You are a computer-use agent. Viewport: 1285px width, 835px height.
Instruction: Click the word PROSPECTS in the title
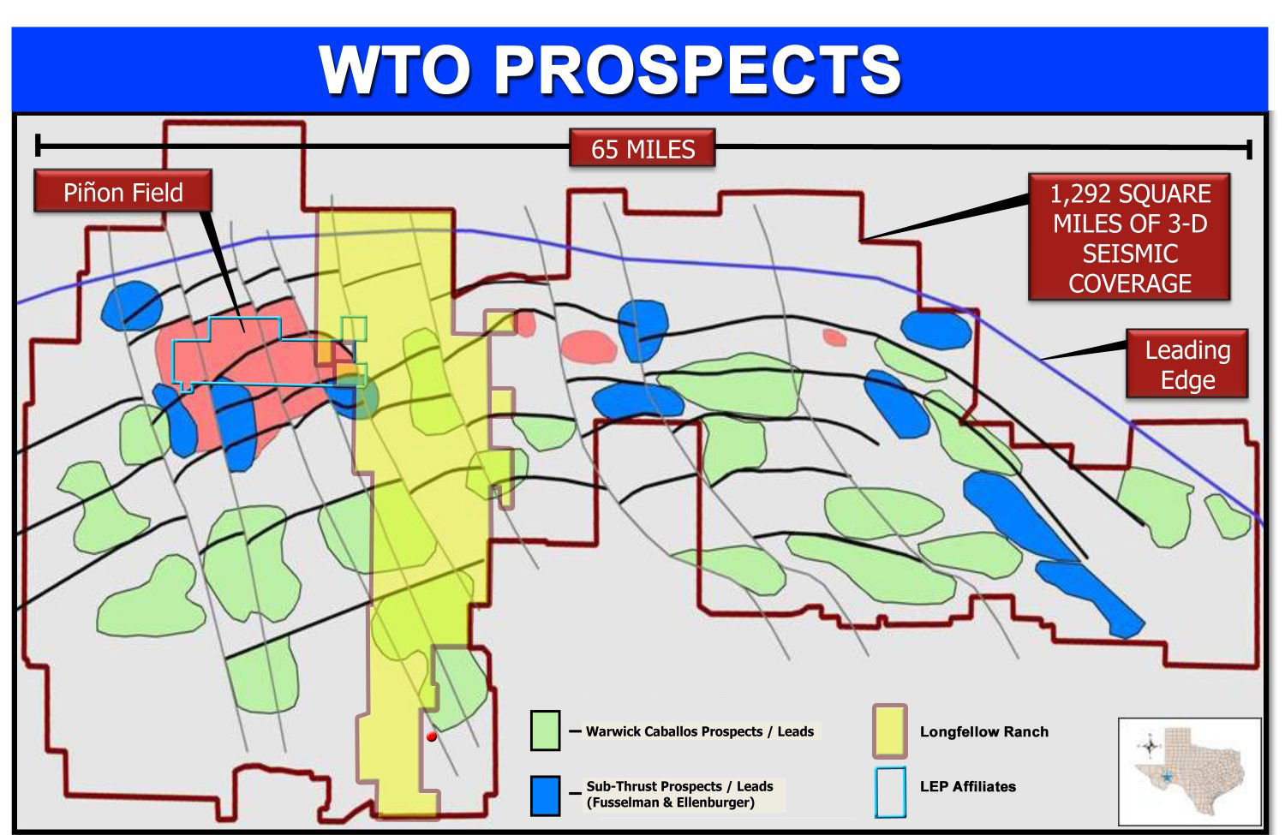pos(697,70)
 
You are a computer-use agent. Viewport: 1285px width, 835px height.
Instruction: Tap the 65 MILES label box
pos(642,148)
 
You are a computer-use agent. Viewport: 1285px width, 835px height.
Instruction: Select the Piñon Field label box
pos(123,192)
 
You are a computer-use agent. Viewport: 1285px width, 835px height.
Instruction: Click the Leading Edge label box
pos(1187,364)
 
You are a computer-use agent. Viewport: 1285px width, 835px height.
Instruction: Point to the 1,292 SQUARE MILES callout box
pos(1130,237)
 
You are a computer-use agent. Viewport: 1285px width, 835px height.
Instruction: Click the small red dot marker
pos(432,737)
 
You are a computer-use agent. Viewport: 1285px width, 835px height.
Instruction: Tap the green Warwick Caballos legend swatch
pos(545,731)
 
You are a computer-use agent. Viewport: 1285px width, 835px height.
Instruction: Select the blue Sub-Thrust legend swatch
pos(545,796)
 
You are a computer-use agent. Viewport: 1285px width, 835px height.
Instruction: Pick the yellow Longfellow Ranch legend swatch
pos(890,731)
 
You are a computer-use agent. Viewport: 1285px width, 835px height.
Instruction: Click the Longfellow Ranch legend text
pos(983,731)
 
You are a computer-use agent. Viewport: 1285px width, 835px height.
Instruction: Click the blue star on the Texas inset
pos(1166,778)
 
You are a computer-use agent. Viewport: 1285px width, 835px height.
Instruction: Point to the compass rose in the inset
pos(1150,746)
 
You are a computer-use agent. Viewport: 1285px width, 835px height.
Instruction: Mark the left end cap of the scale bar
pos(38,145)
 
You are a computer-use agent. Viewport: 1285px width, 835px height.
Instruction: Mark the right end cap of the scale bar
pos(1249,148)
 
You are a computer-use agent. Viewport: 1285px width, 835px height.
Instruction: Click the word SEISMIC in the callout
pos(1130,253)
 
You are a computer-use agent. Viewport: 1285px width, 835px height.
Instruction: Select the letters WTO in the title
pos(395,70)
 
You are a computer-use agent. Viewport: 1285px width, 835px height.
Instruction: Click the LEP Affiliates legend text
pos(968,786)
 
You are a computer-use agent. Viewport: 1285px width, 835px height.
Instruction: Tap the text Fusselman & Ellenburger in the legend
pos(670,802)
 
